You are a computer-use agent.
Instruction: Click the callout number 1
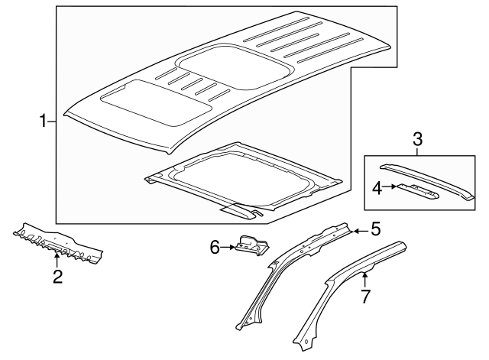click(44, 121)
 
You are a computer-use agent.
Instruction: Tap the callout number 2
click(57, 276)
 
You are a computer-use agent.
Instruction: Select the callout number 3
click(417, 139)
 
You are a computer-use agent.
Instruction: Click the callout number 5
click(375, 228)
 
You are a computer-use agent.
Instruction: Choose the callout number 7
click(366, 295)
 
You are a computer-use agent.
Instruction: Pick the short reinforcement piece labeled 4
click(417, 192)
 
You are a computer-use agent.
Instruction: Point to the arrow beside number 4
click(390, 186)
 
